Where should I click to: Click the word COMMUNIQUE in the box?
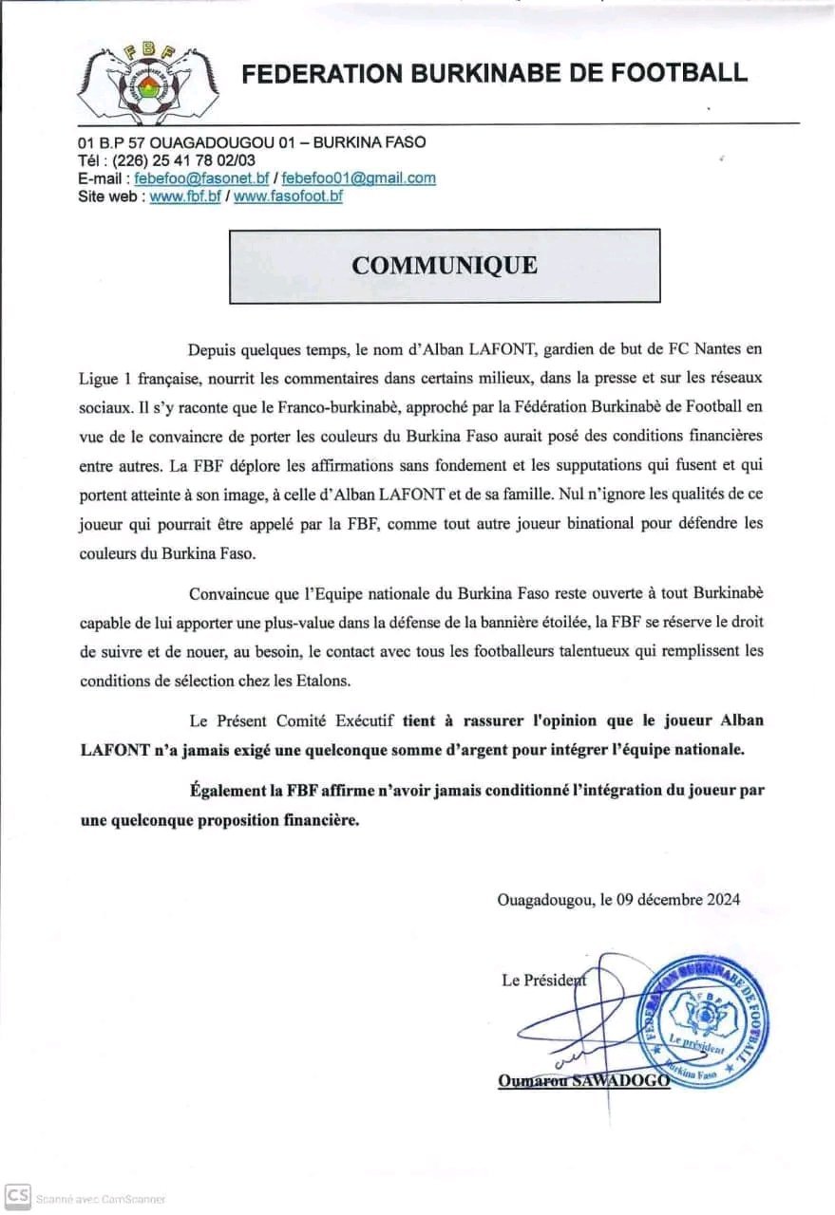444,265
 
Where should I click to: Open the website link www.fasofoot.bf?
288,196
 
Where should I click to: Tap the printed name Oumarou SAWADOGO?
583,1081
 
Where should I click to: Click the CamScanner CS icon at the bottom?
17,1196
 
